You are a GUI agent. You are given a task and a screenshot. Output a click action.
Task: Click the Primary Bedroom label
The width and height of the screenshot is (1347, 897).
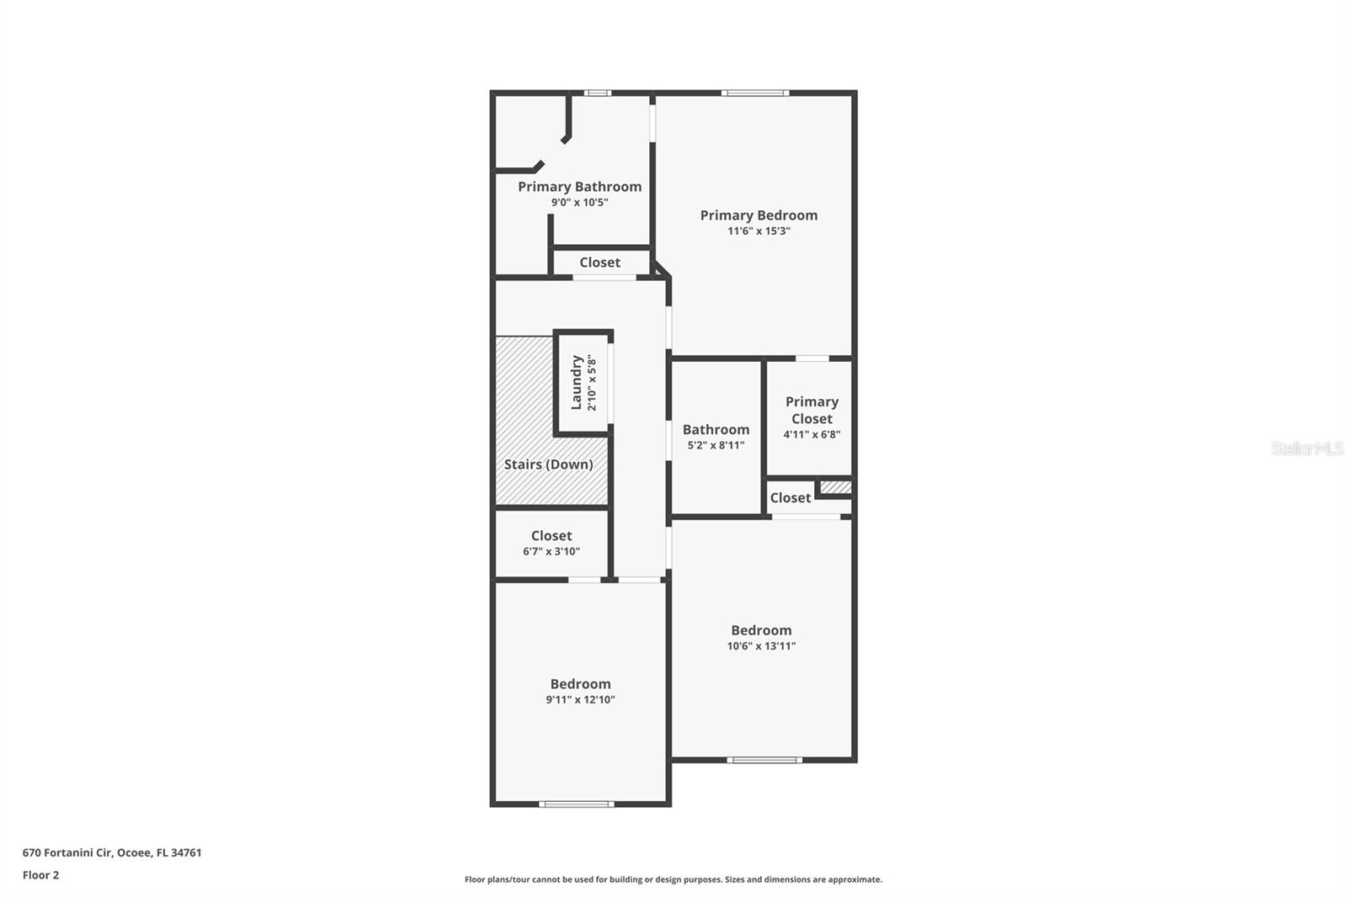point(759,215)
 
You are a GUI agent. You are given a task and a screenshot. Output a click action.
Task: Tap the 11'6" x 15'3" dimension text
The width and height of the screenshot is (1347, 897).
point(759,231)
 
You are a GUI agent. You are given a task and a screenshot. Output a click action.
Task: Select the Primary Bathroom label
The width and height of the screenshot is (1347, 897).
point(579,187)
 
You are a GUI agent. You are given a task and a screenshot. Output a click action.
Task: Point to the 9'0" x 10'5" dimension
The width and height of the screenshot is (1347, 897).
point(579,203)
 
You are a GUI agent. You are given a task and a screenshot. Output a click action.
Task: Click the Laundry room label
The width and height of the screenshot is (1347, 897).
point(577,382)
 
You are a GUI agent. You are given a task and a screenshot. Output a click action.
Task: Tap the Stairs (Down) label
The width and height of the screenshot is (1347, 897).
point(548,464)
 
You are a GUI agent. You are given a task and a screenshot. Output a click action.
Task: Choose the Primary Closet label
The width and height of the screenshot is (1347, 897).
point(812,410)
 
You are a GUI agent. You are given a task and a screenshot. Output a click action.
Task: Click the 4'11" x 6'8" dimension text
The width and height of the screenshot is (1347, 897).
point(812,435)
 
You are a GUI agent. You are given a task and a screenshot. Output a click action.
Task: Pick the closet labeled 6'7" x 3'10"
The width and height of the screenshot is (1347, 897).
point(551,543)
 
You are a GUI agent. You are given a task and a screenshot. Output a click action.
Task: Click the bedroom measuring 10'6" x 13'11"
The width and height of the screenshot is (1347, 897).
point(761,637)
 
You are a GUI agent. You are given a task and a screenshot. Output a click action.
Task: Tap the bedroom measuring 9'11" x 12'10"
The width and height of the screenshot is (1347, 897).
point(580,691)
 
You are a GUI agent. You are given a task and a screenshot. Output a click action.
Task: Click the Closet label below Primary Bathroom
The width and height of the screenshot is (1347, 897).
point(599,263)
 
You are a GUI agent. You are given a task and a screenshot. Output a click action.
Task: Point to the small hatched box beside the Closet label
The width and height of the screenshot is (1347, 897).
point(835,487)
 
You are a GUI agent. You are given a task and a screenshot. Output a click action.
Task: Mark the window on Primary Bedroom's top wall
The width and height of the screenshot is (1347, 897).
point(754,93)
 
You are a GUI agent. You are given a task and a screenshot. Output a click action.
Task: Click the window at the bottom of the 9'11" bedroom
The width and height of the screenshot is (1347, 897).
point(576,804)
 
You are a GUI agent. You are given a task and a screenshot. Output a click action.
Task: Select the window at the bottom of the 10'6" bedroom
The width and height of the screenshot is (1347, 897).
point(764,760)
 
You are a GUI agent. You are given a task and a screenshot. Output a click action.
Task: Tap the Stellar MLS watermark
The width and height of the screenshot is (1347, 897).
point(1307,448)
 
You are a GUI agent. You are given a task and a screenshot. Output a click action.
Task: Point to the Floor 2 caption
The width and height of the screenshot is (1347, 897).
point(40,875)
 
